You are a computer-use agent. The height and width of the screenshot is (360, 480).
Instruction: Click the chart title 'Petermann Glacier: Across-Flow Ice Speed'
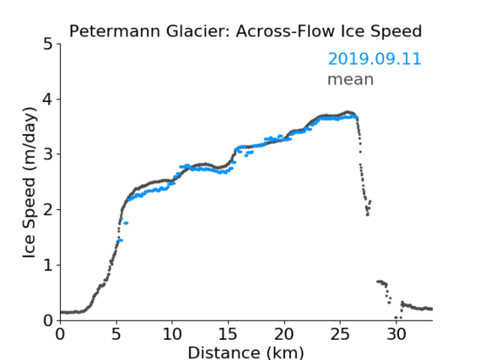pos(245,31)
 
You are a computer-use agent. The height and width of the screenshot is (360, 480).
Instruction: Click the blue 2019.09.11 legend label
pos(375,59)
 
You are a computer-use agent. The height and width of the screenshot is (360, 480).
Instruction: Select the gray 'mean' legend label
pos(351,79)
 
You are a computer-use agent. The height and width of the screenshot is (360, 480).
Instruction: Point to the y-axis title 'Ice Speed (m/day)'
pos(30,182)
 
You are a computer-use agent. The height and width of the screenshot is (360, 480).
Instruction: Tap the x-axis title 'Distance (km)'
pos(245,352)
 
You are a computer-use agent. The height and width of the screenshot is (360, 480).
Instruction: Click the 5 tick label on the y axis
pos(48,45)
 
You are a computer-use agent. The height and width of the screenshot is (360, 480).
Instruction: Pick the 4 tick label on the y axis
pos(48,99)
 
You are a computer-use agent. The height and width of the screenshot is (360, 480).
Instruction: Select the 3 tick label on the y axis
pos(48,154)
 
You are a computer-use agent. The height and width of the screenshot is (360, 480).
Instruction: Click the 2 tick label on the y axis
pos(48,210)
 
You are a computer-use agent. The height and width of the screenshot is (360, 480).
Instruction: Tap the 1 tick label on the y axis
pos(48,266)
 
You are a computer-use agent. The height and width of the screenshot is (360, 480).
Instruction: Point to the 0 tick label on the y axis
pos(48,320)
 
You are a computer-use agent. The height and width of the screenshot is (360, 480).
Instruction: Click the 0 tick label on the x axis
pos(60,334)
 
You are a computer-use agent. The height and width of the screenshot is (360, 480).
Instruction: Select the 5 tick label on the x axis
pos(116,334)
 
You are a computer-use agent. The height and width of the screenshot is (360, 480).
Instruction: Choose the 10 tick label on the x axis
pos(172,334)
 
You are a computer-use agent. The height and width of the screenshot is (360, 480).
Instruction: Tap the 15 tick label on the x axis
pos(228,334)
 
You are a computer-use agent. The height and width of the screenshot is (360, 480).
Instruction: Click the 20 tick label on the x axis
pos(284,334)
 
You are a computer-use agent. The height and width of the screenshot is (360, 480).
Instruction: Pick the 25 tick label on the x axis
pos(340,334)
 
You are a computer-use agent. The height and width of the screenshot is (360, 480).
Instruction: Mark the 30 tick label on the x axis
pos(396,334)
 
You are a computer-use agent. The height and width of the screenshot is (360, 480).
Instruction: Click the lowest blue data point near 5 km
pos(120,240)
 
